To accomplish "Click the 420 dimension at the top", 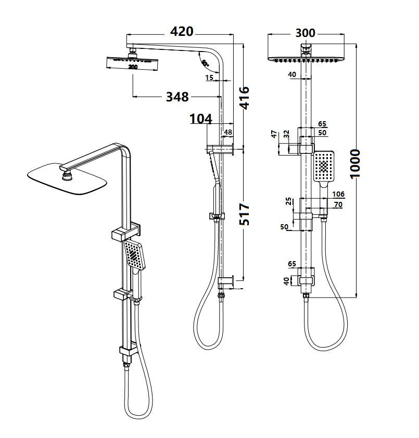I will (182, 31).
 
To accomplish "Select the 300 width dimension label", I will (305, 33).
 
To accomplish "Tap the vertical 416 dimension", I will (244, 97).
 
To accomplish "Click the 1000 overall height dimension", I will (355, 163).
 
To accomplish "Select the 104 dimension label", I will (201, 119).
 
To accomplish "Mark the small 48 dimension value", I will (227, 133).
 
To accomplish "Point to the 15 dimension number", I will (209, 78).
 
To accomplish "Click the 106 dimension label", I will (338, 194).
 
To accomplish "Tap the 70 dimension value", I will (338, 204).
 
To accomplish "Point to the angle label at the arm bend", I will (205, 63).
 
